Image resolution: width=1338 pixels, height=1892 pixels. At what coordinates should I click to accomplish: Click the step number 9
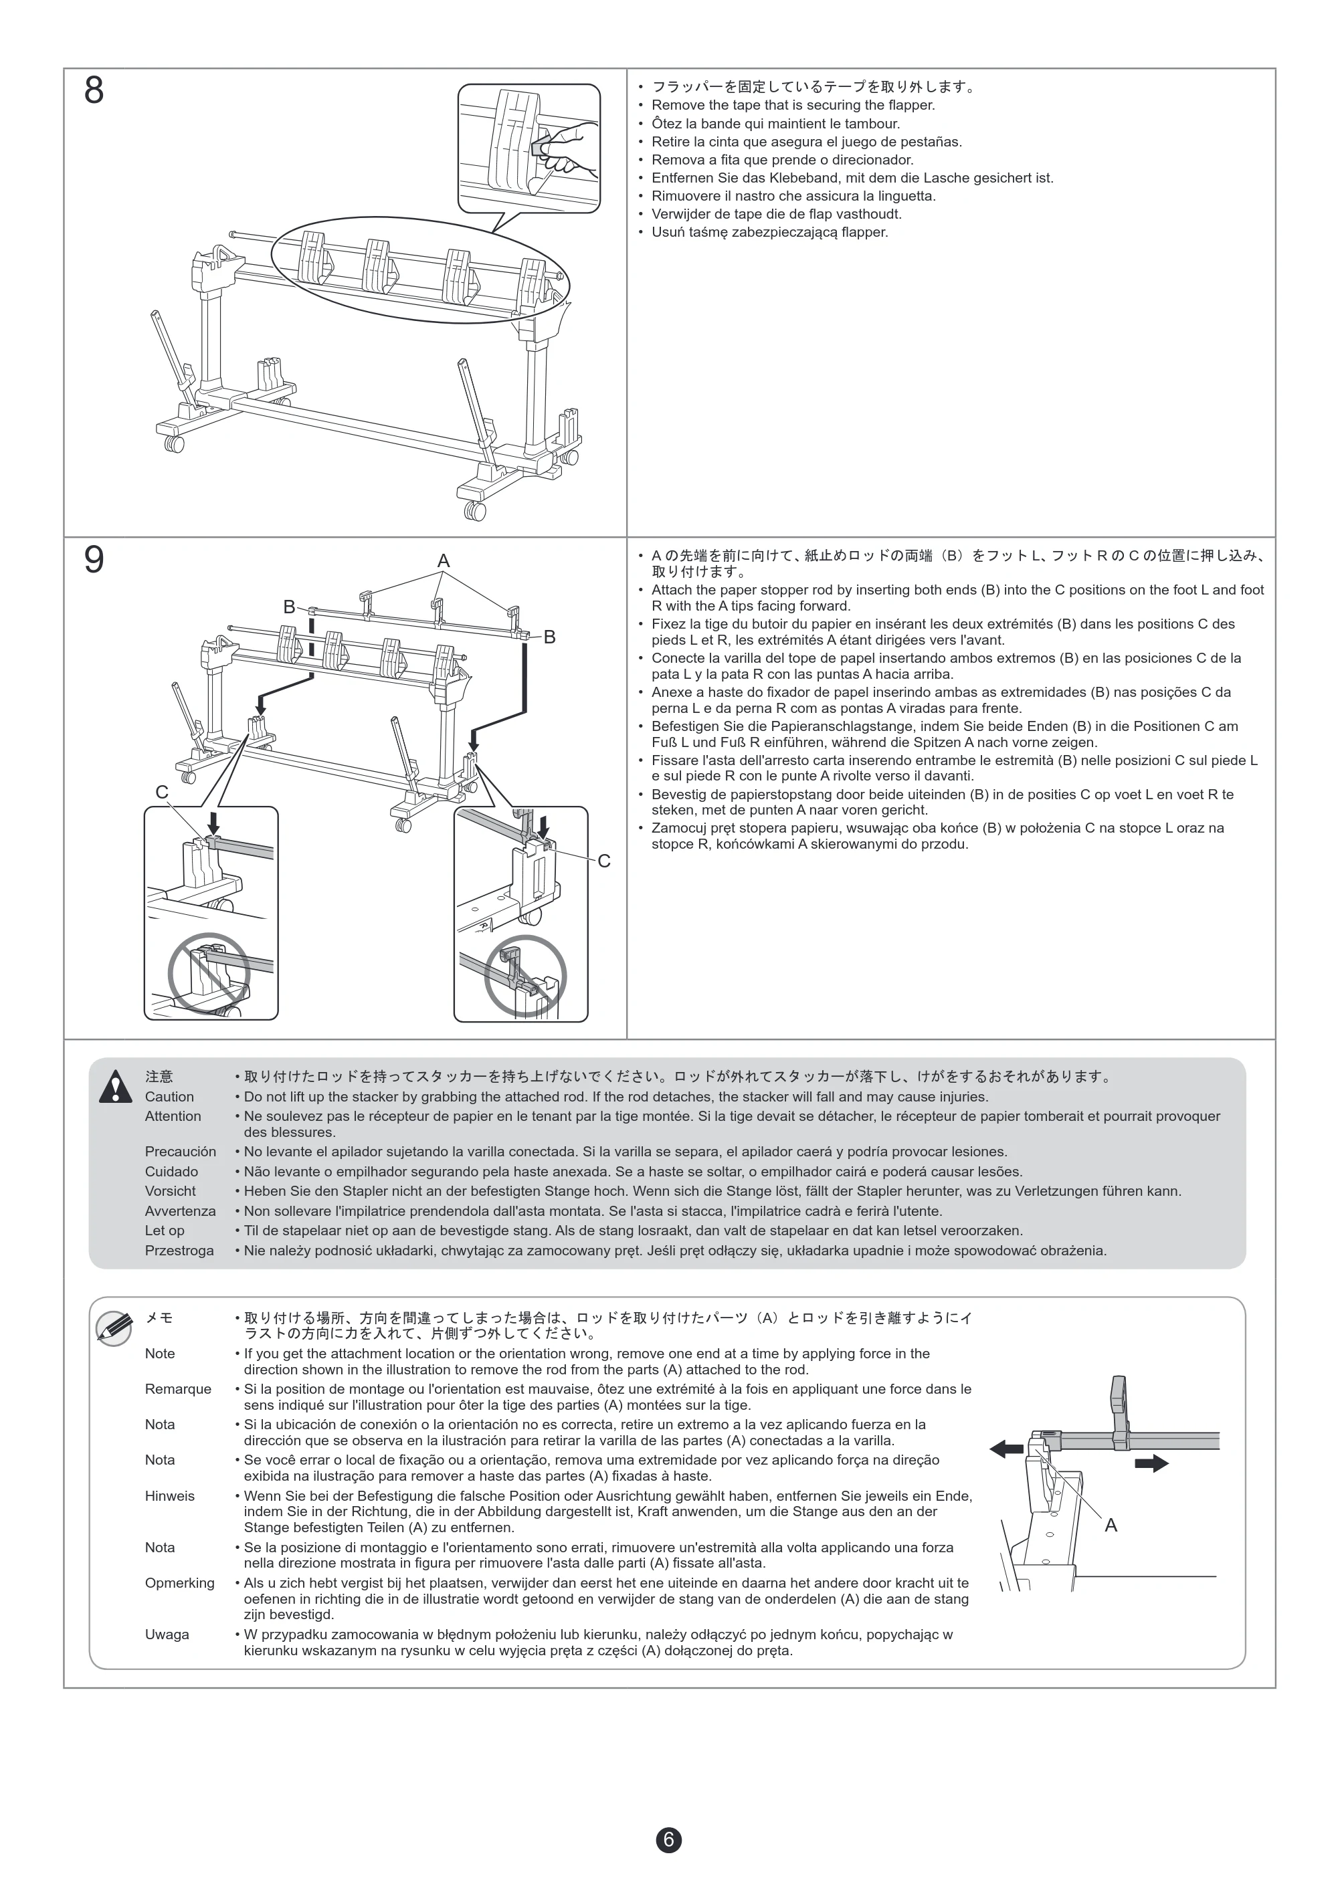[94, 560]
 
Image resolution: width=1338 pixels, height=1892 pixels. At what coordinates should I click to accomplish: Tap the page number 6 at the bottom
[668, 1839]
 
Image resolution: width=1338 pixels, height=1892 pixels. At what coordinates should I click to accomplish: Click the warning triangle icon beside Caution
[116, 1086]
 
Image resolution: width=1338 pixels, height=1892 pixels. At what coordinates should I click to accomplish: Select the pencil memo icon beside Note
[114, 1328]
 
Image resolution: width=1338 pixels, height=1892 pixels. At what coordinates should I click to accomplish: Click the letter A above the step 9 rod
[444, 561]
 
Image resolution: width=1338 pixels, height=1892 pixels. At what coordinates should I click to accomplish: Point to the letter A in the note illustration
[1111, 1526]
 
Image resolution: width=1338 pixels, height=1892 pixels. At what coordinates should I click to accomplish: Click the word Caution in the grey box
[169, 1097]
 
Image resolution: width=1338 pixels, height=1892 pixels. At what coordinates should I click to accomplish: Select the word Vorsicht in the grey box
[170, 1190]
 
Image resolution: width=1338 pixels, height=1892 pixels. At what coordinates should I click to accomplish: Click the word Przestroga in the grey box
[179, 1250]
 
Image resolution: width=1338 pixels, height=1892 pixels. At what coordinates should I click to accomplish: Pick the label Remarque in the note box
[178, 1388]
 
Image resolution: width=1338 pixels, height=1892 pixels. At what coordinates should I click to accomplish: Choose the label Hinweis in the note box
[170, 1495]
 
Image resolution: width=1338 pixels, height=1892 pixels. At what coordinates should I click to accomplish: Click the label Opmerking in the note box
[180, 1583]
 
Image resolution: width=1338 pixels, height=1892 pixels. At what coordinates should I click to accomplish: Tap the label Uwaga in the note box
[167, 1634]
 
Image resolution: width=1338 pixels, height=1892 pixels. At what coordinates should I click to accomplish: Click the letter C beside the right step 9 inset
[604, 861]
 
